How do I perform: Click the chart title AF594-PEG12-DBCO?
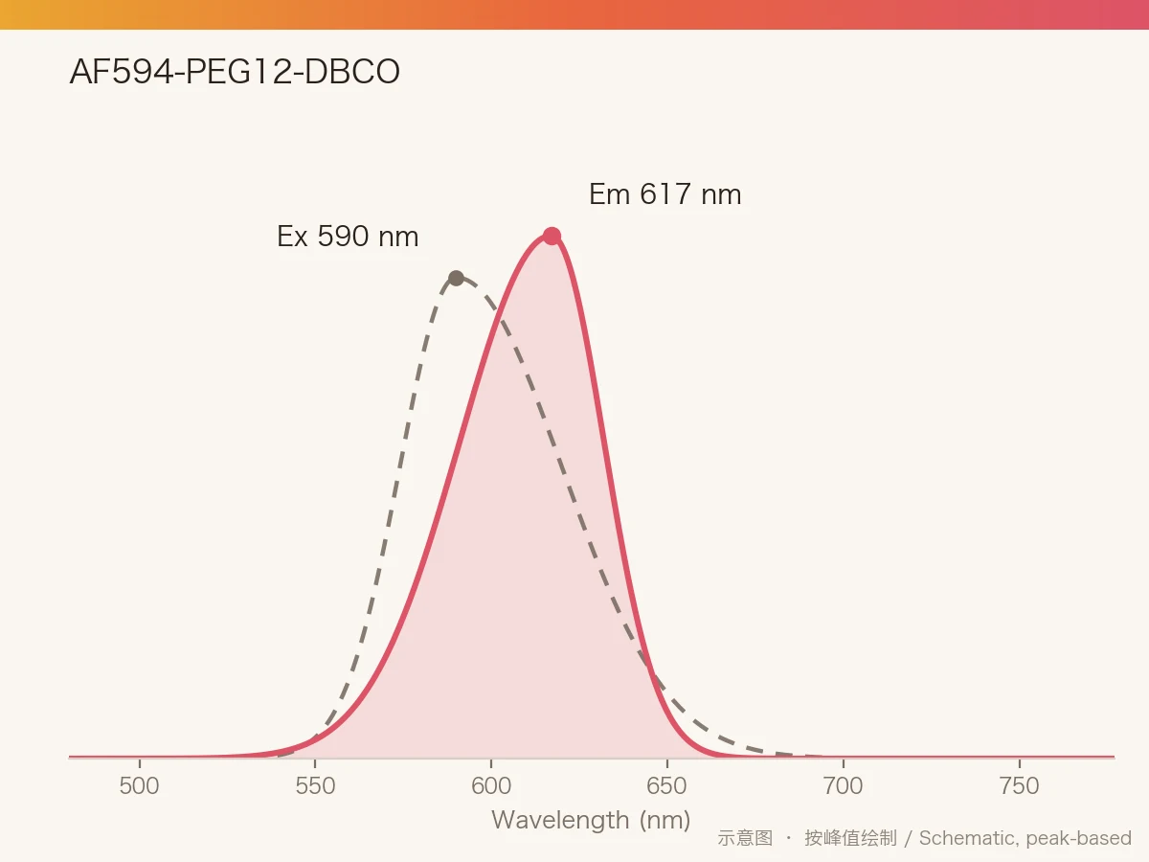[235, 71]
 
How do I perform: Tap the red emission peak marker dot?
[552, 236]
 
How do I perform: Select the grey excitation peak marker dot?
[457, 278]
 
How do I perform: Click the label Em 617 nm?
[665, 194]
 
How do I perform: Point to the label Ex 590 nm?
[348, 236]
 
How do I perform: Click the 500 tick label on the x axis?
[139, 786]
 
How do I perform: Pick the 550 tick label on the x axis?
[315, 786]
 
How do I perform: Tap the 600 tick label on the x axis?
[491, 786]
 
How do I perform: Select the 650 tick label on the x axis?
[666, 786]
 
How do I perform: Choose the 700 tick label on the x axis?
[844, 786]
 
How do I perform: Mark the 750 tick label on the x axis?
[1019, 786]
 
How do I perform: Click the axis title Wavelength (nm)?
[591, 820]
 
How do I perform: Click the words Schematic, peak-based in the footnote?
[1025, 838]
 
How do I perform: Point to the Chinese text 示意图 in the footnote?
[745, 838]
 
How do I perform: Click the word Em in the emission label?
[609, 194]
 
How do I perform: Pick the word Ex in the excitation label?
[292, 236]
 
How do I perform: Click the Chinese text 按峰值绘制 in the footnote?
[850, 838]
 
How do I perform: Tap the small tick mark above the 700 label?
[844, 763]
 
